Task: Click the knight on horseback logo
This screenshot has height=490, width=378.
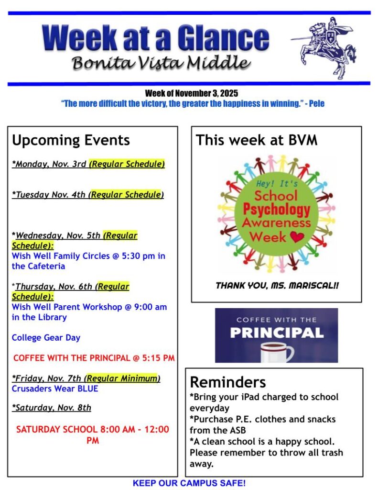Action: [x=324, y=47]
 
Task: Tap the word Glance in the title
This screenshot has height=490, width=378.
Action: [x=223, y=38]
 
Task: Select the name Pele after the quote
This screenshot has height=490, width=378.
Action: [x=316, y=103]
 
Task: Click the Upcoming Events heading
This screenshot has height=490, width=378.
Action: [x=71, y=140]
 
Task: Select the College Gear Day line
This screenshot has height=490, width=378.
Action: [x=46, y=338]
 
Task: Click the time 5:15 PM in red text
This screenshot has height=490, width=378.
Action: [x=158, y=358]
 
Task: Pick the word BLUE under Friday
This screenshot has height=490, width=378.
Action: [x=88, y=389]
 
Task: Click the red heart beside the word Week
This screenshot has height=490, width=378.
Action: [x=297, y=237]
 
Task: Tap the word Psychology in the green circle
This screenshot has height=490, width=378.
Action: [x=277, y=210]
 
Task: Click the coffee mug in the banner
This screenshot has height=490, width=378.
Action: [x=277, y=352]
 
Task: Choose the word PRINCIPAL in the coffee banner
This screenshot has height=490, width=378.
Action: [x=277, y=333]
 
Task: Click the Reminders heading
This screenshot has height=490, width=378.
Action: [x=228, y=382]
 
